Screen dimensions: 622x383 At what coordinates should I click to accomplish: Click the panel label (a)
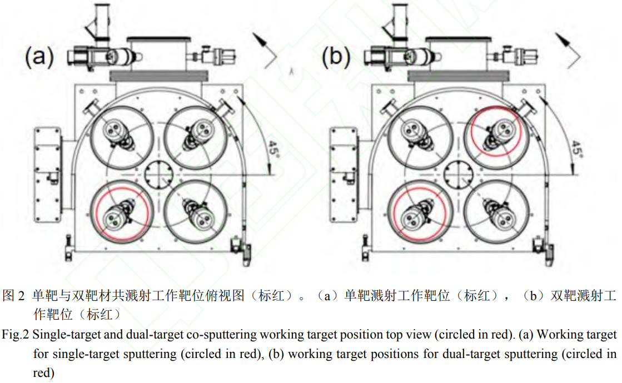(39, 56)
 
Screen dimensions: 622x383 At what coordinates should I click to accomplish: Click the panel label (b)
(336, 56)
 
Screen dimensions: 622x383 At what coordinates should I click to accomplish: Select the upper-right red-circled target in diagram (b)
(496, 132)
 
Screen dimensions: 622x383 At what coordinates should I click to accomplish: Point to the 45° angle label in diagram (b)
(576, 149)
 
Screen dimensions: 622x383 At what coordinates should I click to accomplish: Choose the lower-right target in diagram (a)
(196, 212)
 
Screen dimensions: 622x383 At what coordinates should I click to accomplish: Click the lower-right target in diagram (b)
(496, 212)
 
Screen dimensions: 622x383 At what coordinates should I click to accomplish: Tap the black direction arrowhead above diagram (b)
(563, 39)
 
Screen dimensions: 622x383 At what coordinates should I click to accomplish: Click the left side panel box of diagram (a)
(48, 175)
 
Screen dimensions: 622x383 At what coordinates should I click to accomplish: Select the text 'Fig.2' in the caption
(15, 335)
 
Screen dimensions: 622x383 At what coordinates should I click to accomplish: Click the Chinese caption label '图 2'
(13, 296)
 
